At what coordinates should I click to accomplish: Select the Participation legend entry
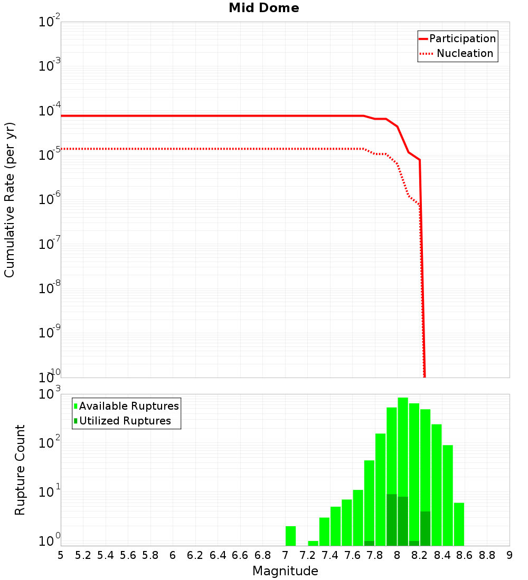tap(457, 38)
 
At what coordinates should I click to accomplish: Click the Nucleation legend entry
tap(457, 53)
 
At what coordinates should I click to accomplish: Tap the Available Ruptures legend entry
tap(127, 406)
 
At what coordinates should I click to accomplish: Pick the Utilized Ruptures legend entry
tap(122, 421)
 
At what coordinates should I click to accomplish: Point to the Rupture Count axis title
tap(20, 470)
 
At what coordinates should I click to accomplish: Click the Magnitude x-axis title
tap(285, 571)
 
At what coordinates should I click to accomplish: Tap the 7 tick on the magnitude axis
tap(285, 555)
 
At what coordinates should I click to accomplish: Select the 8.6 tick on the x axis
tap(465, 555)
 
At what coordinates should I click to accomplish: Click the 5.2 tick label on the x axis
tap(83, 555)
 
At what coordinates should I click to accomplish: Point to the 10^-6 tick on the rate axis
tap(50, 199)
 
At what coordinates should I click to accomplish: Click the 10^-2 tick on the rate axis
tap(50, 22)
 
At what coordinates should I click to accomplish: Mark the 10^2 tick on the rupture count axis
tap(50, 443)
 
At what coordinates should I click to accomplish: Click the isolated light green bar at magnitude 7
tap(290, 536)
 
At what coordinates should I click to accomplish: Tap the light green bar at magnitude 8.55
tap(459, 524)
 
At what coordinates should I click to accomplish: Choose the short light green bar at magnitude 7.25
tap(313, 543)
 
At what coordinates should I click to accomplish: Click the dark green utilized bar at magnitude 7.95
tap(392, 519)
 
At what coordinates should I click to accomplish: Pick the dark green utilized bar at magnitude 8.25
tap(425, 528)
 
